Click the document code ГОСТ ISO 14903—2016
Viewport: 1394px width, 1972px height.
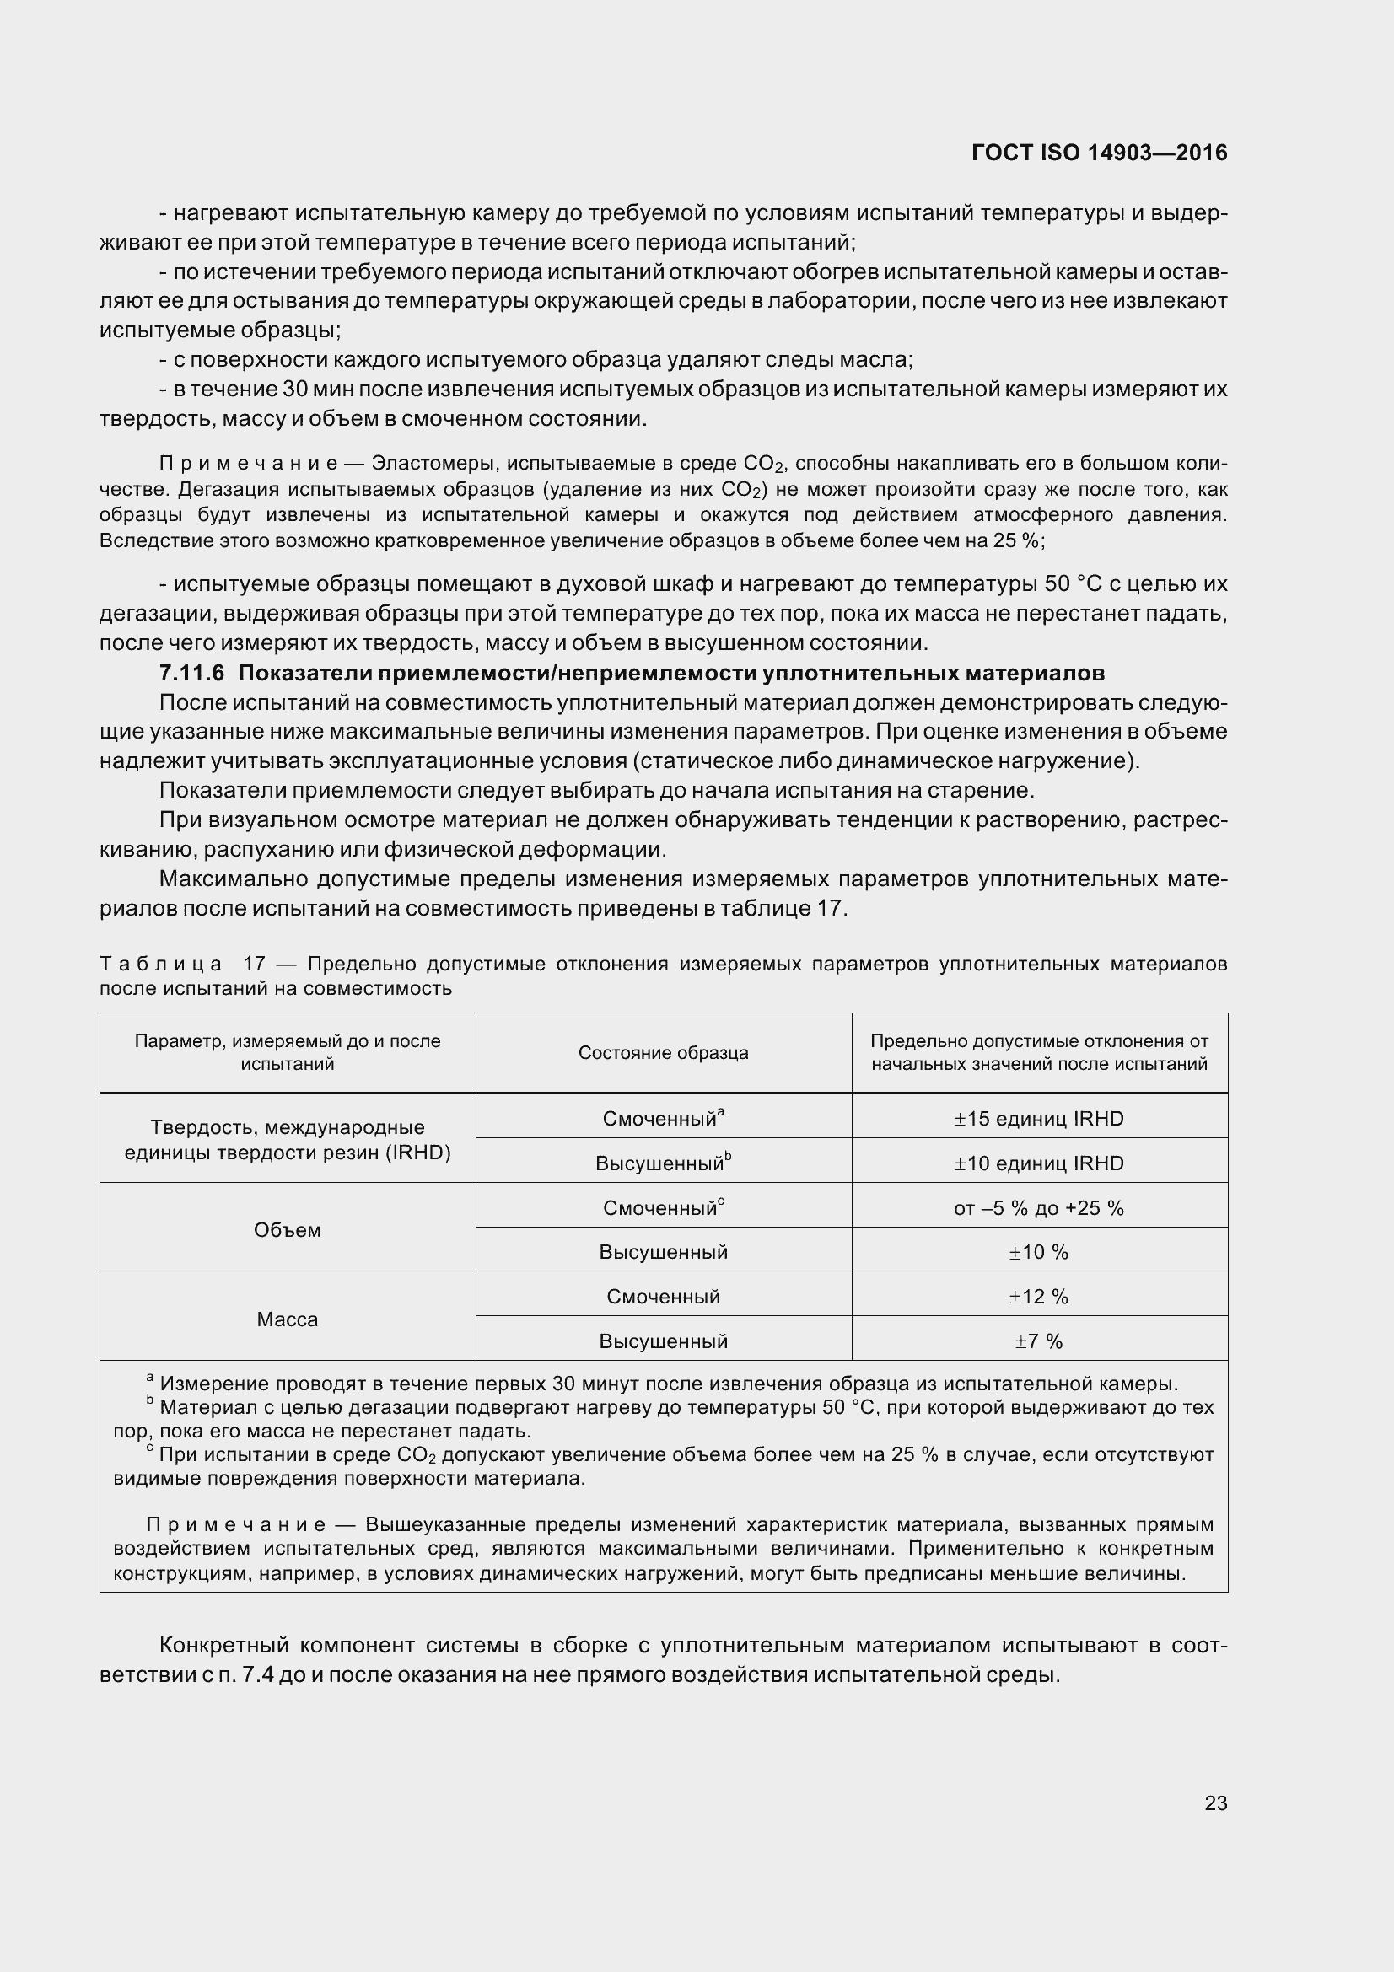coord(1099,153)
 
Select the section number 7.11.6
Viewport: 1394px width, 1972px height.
coord(191,673)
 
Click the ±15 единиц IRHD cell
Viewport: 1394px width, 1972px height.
coord(1038,1119)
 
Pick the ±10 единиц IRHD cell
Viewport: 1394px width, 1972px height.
coord(1038,1163)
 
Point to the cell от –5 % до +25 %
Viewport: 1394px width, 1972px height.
coord(1038,1208)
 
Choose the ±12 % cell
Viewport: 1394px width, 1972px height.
coord(1038,1297)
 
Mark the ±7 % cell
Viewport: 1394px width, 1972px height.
coord(1038,1341)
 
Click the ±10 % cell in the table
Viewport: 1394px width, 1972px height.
coord(1038,1252)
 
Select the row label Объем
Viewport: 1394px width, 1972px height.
coord(287,1230)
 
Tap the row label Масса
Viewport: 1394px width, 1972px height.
coord(287,1319)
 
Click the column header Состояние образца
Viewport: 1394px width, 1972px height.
coord(663,1053)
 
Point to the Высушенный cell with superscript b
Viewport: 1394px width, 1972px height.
coord(663,1163)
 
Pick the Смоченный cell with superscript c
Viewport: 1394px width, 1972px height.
coord(663,1208)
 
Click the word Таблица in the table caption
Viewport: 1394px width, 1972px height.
coord(160,965)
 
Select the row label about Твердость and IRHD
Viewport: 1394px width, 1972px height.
coord(287,1140)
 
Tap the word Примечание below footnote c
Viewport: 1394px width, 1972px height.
coord(235,1525)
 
